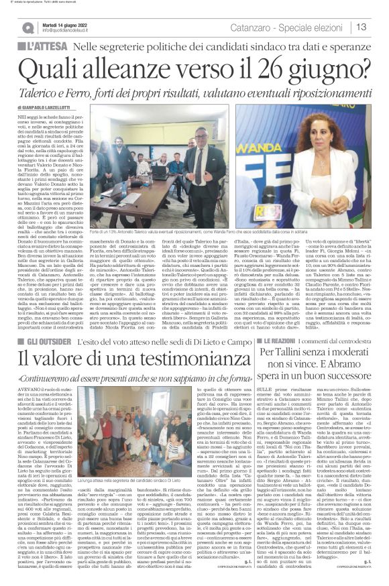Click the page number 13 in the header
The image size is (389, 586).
click(x=378, y=27)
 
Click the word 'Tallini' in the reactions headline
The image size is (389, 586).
click(x=294, y=352)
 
